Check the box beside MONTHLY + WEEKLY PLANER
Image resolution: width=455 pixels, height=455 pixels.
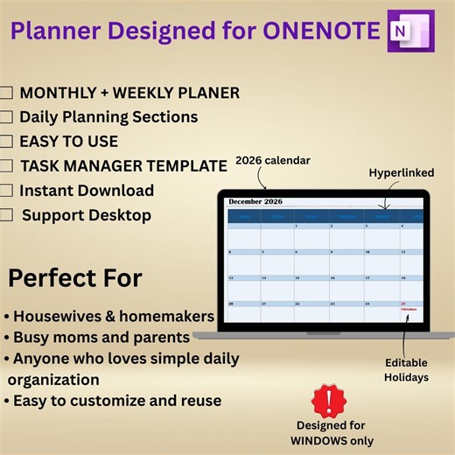6,93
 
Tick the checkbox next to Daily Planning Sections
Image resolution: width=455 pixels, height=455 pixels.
6,117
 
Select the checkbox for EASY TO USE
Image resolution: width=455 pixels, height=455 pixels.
6,142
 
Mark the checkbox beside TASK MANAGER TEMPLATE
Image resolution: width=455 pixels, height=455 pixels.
6,165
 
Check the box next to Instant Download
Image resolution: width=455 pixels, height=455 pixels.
6,191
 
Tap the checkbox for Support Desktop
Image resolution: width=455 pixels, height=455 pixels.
6,215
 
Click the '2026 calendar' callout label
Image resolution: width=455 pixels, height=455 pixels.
273,161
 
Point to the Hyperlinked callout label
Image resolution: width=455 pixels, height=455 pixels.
402,173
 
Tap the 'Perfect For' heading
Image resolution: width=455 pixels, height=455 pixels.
74,278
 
